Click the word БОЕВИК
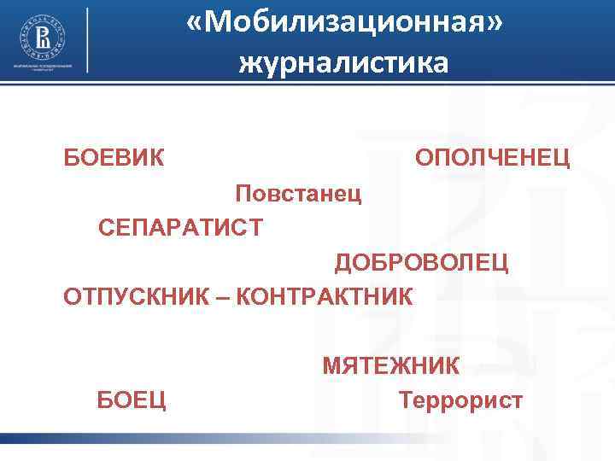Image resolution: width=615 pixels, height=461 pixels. click(115, 158)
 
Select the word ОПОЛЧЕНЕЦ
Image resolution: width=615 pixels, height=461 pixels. click(493, 158)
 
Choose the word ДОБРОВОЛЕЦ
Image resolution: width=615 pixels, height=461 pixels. click(421, 262)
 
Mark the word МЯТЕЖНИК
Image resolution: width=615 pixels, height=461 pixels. click(390, 366)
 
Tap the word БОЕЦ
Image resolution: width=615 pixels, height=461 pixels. click(132, 400)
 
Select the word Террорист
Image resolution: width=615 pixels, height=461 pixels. click(460, 400)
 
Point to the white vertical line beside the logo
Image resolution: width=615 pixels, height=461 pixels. click(88, 40)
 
